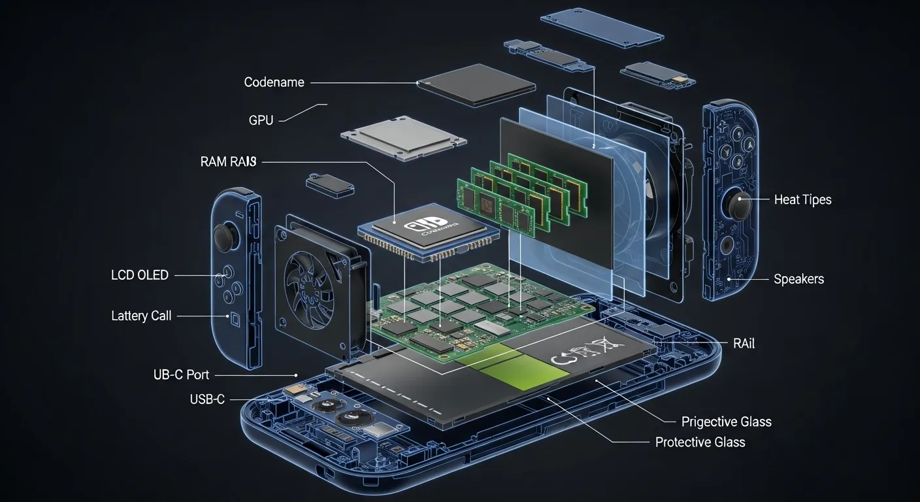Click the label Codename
pos(274,82)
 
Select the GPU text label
pos(261,120)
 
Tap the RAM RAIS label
pos(228,162)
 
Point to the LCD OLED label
pos(140,275)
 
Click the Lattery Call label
pos(141,316)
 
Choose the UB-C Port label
pos(181,375)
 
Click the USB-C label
pos(207,399)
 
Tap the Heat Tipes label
pos(802,200)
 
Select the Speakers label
pos(798,279)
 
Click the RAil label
pos(743,343)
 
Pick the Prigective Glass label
pos(726,422)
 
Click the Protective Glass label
pos(700,443)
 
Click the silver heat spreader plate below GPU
pos(402,137)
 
